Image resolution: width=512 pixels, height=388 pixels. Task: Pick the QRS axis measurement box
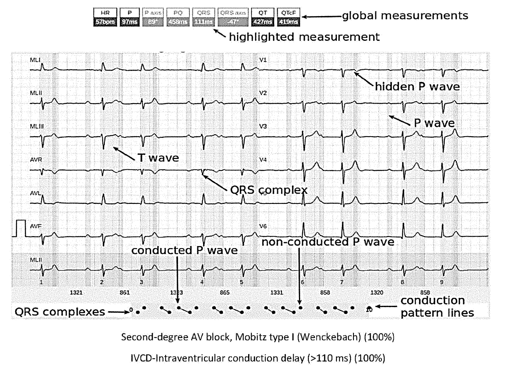[233, 17]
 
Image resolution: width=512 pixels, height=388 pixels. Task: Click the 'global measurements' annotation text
[405, 16]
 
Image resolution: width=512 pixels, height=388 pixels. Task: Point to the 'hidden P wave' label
[417, 87]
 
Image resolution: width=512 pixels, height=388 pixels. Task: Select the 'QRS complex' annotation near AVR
[268, 190]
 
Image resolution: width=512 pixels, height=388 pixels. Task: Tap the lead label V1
[263, 60]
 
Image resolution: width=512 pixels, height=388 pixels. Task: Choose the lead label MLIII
[36, 126]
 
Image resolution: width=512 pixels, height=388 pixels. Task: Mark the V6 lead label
[263, 226]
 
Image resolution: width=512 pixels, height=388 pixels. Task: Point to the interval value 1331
[277, 292]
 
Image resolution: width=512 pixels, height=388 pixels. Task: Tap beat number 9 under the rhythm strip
[441, 283]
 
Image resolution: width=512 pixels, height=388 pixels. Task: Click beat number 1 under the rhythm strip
[41, 283]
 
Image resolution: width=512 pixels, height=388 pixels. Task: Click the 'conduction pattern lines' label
[437, 306]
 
